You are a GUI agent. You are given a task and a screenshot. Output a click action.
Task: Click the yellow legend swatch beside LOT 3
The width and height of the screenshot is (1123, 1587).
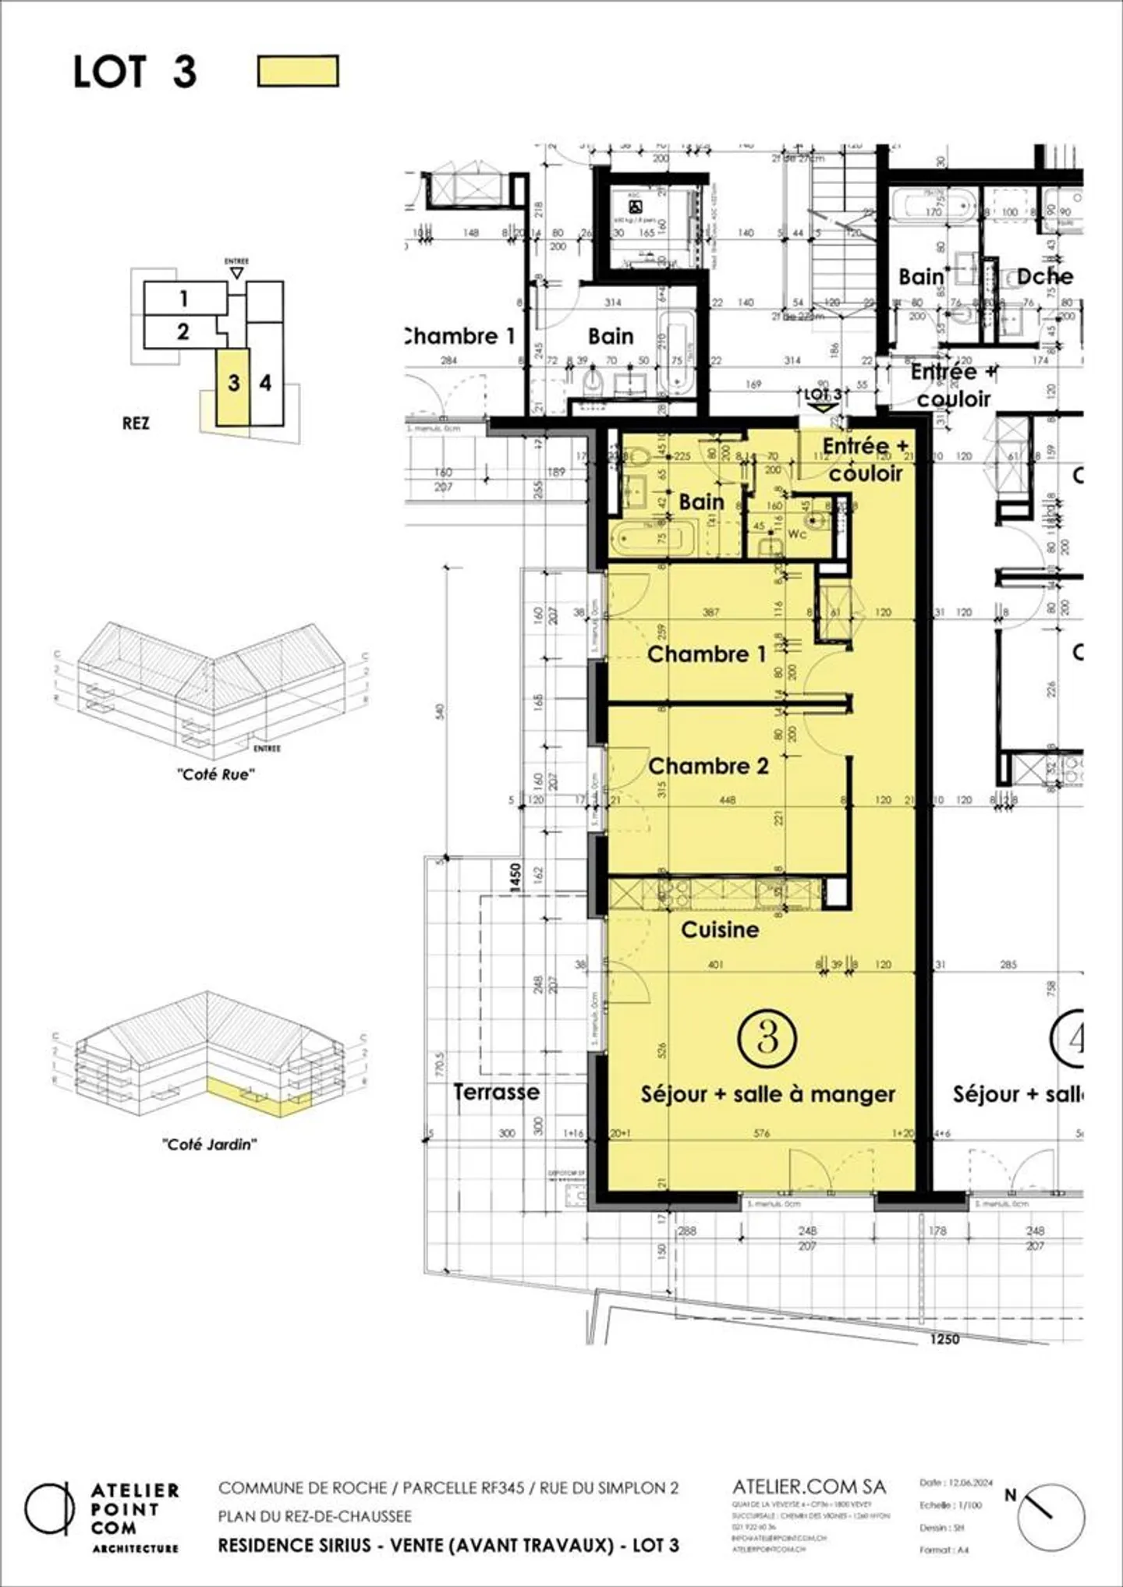[298, 71]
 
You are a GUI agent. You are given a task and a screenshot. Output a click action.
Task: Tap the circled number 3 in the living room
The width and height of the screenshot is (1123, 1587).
[767, 1038]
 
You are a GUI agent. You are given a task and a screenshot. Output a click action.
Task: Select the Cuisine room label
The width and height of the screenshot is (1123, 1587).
[720, 930]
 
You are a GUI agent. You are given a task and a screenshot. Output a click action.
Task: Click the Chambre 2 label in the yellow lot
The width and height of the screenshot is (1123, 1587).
[708, 767]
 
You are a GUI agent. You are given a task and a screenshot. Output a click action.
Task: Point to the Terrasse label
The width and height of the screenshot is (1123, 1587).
[497, 1092]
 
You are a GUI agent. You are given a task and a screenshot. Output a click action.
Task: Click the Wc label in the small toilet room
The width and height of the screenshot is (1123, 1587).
[797, 534]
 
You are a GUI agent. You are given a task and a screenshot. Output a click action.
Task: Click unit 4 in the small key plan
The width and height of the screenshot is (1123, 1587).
[266, 383]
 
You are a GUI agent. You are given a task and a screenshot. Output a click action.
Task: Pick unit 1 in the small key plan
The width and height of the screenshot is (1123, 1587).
[184, 298]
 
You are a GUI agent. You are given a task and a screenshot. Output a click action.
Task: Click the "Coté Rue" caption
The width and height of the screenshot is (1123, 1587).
[215, 774]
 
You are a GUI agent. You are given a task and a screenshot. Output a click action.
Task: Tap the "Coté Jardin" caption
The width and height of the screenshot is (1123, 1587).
[209, 1144]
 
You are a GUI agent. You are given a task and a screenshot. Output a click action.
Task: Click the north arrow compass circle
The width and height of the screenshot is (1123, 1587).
[1051, 1517]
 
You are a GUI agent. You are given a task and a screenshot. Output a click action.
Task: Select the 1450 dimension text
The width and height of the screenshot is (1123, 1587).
[515, 877]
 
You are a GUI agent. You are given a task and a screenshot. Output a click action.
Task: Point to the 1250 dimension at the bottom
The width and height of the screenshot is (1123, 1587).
[944, 1339]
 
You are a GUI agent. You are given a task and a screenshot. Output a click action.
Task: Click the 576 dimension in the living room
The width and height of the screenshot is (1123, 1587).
[762, 1133]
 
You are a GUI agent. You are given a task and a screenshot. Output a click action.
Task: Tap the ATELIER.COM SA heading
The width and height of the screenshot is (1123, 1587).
[809, 1486]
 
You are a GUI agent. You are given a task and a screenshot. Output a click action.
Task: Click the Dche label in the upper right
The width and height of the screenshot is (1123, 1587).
[1044, 277]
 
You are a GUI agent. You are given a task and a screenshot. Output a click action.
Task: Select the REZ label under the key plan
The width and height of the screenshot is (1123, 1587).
[136, 423]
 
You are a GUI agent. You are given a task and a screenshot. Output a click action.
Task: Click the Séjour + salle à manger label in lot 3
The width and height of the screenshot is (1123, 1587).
[768, 1094]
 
